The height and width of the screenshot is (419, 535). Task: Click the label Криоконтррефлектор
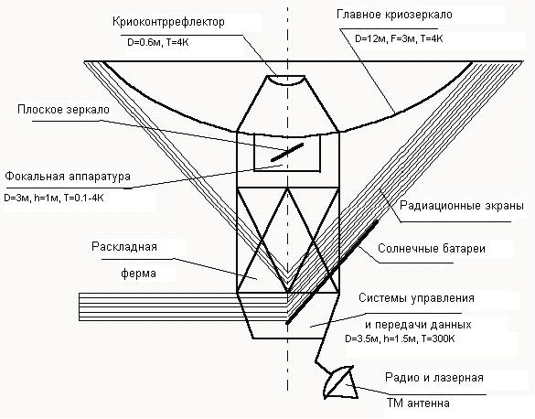point(168,22)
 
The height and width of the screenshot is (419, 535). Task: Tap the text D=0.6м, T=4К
point(157,43)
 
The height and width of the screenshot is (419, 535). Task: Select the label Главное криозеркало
point(394,15)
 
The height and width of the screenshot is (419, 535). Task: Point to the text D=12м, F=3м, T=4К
point(399,39)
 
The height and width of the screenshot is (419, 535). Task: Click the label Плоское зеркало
point(63,110)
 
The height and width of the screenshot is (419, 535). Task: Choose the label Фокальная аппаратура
point(68,177)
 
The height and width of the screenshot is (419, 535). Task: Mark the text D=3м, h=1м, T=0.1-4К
point(54,199)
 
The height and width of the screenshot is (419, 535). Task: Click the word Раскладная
point(124,247)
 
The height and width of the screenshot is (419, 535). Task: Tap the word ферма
point(138,273)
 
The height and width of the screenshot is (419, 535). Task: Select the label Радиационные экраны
point(462,206)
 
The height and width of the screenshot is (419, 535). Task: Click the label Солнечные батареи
point(432,249)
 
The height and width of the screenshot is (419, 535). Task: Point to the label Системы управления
point(416,298)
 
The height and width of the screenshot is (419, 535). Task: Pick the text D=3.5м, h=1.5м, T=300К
point(400,338)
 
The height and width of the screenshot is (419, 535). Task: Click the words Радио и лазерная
point(434,378)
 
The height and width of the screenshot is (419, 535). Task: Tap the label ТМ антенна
point(418,403)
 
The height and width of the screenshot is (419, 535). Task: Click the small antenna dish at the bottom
point(340,382)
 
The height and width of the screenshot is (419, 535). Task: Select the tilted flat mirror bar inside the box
point(287,152)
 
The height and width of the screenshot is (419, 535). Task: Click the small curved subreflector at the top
point(286,81)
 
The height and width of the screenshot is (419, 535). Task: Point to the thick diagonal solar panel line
point(332,272)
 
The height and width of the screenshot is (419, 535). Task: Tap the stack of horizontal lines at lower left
point(183,306)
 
